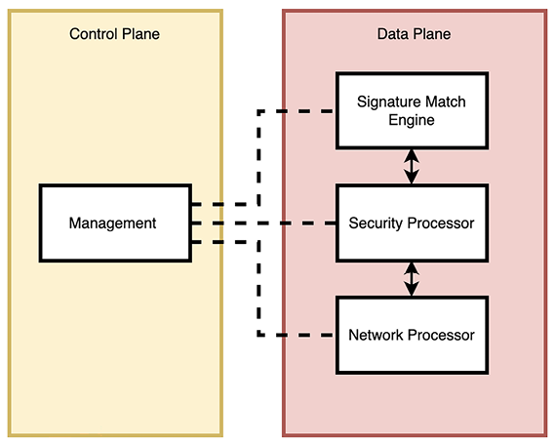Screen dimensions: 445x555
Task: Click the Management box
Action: pyautogui.click(x=113, y=222)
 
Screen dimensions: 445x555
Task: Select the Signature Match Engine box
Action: pyautogui.click(x=411, y=109)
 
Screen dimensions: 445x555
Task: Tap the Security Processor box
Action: pyautogui.click(x=411, y=222)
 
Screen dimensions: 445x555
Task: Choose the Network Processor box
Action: pyautogui.click(x=411, y=335)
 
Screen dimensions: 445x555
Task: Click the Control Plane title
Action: pyautogui.click(x=114, y=34)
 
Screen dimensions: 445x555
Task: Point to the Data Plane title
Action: pyautogui.click(x=414, y=34)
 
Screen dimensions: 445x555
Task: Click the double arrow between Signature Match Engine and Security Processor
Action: pyautogui.click(x=412, y=166)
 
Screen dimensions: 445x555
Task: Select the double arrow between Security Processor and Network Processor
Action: pyautogui.click(x=412, y=279)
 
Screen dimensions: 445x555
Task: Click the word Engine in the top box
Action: pyautogui.click(x=411, y=120)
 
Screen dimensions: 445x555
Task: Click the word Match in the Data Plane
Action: pyautogui.click(x=445, y=101)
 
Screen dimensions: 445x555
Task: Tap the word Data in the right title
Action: pyautogui.click(x=394, y=34)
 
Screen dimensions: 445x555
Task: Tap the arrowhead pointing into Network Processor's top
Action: pyautogui.click(x=412, y=293)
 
